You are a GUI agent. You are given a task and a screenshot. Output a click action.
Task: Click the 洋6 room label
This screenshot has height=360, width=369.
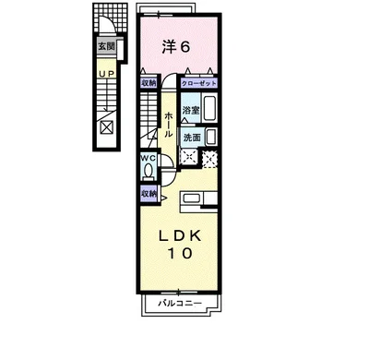click(176, 47)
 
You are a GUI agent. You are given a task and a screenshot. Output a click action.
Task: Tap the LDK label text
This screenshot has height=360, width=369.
click(180, 236)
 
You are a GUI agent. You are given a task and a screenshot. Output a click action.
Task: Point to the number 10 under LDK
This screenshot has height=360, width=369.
click(180, 253)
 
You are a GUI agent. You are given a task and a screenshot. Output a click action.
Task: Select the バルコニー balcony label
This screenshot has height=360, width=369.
click(180, 304)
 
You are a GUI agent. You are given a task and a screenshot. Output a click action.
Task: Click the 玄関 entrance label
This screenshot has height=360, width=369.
click(106, 46)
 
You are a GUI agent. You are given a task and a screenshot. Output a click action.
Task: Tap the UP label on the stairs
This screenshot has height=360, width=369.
click(106, 74)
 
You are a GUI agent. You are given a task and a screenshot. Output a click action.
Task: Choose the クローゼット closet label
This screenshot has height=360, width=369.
click(199, 83)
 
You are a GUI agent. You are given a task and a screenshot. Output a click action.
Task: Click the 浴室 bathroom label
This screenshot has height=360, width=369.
click(191, 111)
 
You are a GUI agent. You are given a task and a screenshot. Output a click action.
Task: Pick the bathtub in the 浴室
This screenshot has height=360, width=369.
click(209, 108)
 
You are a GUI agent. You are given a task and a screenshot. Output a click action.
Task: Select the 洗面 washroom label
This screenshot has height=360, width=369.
click(192, 138)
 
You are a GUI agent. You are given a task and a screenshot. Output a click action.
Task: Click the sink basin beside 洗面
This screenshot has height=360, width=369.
click(211, 137)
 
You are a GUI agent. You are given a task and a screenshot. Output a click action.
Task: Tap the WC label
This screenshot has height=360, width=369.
click(149, 158)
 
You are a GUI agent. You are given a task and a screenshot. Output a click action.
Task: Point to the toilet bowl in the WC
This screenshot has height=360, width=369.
click(149, 171)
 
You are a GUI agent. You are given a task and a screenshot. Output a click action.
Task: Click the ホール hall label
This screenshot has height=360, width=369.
click(169, 125)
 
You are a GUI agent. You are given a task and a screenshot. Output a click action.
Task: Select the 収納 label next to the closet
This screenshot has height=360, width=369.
click(149, 83)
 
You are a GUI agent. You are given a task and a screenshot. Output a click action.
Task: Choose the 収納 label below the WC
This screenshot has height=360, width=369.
click(149, 194)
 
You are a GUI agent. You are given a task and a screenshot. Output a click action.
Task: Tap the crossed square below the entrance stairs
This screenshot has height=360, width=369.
click(107, 127)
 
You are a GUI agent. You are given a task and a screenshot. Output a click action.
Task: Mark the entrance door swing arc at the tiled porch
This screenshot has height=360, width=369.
click(110, 22)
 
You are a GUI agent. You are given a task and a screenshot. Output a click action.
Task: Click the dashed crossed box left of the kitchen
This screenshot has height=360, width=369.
click(188, 157)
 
